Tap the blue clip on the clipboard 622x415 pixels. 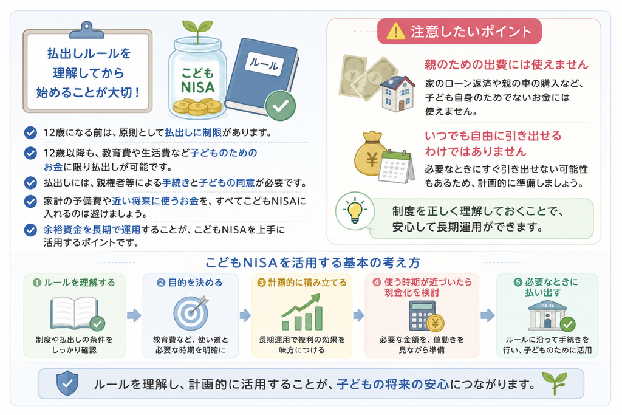click(x=87, y=30)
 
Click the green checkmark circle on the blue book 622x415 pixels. click(x=281, y=106)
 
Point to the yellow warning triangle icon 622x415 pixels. click(x=395, y=32)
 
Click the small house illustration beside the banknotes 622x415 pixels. click(x=397, y=94)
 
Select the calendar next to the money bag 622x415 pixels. click(x=395, y=166)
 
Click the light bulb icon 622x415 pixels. click(x=355, y=211)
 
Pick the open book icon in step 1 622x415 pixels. click(x=74, y=313)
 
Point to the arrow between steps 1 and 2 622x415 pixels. click(x=134, y=316)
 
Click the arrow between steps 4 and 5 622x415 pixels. click(x=488, y=316)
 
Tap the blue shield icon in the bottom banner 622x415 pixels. click(x=67, y=383)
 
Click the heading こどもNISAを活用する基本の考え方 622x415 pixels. click(x=313, y=262)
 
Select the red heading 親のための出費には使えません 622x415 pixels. click(x=506, y=64)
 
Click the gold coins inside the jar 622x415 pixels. click(x=197, y=107)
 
